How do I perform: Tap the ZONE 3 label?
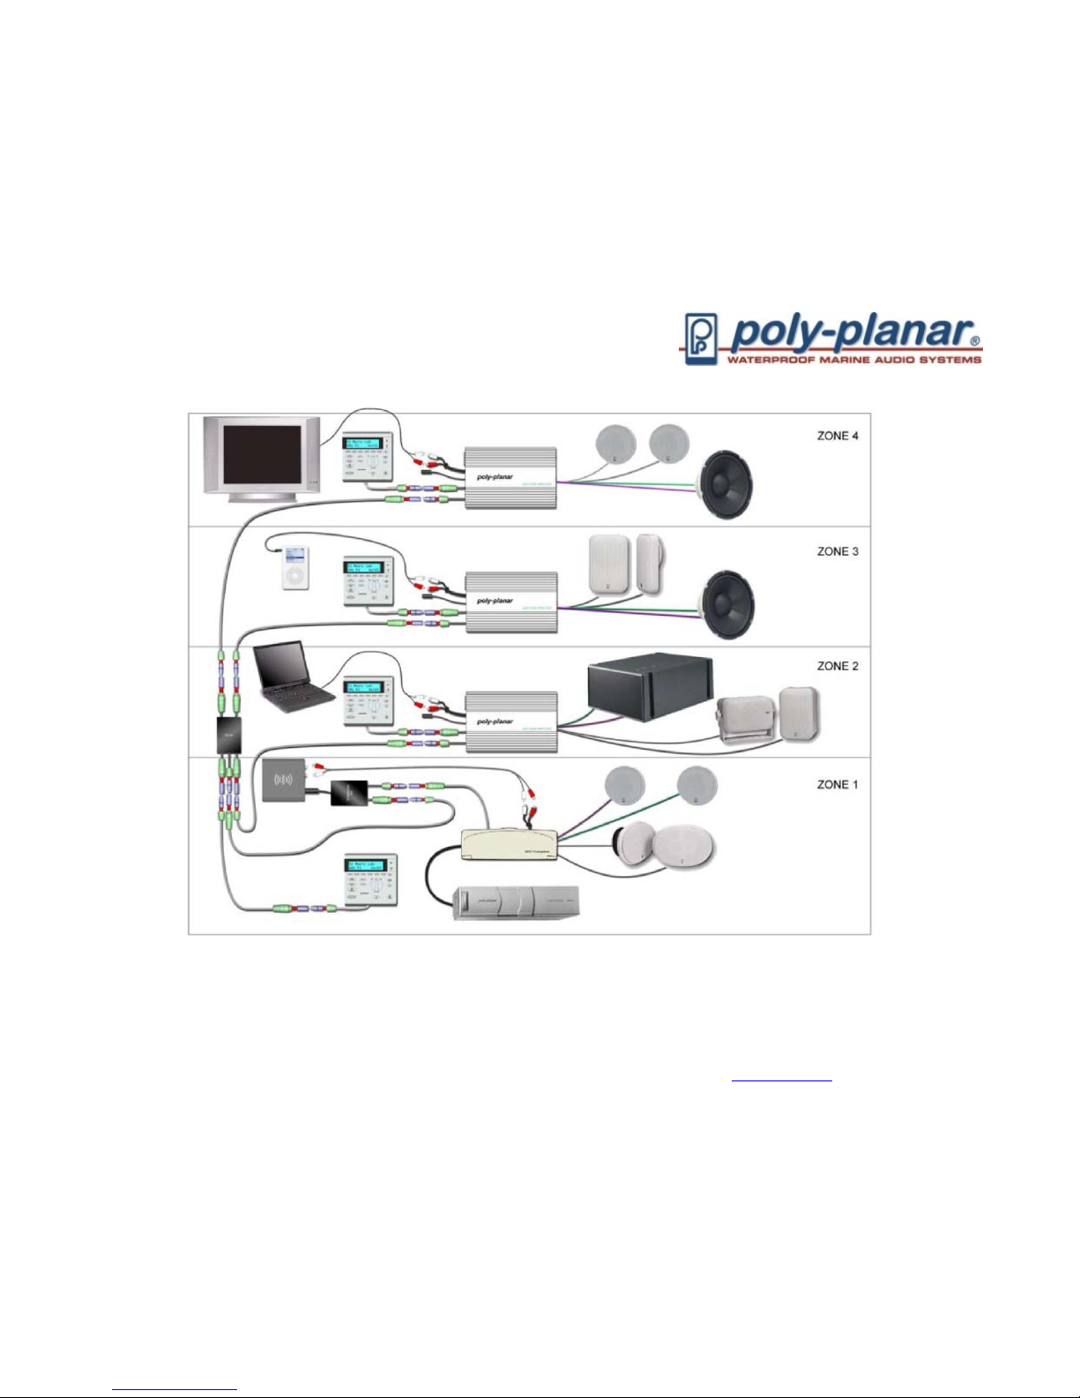(838, 551)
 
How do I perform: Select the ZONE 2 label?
(838, 666)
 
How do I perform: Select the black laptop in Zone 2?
(291, 677)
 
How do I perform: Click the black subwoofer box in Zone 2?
(650, 688)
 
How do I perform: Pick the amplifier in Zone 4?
(511, 477)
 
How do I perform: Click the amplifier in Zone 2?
(511, 721)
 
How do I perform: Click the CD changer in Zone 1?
(518, 902)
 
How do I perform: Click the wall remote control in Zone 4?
(366, 457)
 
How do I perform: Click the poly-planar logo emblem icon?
(701, 339)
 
